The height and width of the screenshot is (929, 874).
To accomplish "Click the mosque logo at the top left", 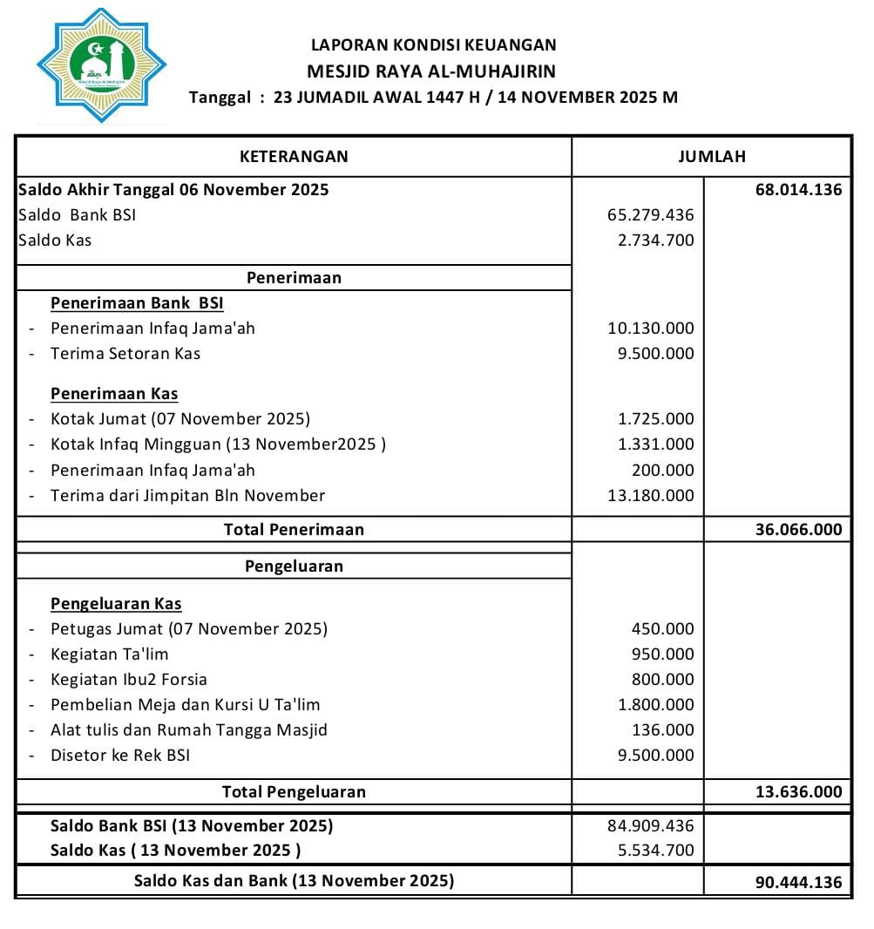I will tap(101, 65).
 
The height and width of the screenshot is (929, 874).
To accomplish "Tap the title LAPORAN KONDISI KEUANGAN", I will tap(433, 45).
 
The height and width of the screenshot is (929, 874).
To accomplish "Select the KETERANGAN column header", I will tap(294, 157).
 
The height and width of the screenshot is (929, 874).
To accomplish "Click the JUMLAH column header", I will tap(711, 157).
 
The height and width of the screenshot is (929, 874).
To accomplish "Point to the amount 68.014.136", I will tap(798, 189).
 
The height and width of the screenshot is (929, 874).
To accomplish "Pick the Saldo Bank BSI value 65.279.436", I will tap(650, 214).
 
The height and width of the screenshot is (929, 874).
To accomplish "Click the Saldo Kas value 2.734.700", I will tap(655, 240).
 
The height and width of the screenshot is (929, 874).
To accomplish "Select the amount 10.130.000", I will tap(650, 329).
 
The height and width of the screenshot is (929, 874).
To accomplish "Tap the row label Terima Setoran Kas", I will tap(125, 354).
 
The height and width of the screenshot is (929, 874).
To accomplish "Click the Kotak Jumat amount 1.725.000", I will tap(655, 419).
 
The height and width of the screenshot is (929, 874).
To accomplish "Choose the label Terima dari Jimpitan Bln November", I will tap(187, 496).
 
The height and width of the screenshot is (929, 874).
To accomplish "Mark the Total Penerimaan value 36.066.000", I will tap(798, 530).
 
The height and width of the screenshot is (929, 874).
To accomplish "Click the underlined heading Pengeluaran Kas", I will tap(116, 604).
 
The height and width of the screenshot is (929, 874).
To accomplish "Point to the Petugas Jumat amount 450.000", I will tap(662, 629).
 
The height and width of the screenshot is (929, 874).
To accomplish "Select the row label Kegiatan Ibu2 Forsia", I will tap(129, 680).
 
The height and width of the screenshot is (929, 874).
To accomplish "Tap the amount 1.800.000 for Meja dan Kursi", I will tap(655, 705).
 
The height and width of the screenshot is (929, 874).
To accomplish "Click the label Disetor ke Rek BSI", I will tap(120, 756).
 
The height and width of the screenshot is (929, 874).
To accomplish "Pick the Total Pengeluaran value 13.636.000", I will tap(798, 792).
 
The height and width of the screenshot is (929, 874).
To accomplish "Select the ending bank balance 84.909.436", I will tap(650, 825).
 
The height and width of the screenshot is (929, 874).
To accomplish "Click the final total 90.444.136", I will tap(798, 882).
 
